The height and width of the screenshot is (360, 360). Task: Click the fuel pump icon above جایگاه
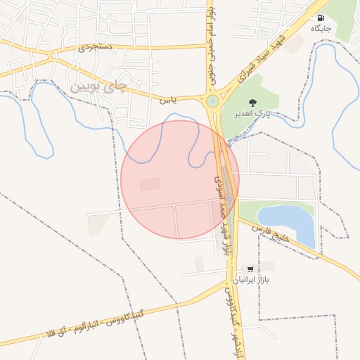(x=321, y=18)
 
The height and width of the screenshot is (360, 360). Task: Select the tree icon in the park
(x=252, y=103)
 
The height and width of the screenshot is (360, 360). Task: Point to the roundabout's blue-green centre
(x=212, y=101)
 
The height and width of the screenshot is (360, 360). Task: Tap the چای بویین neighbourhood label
(x=101, y=86)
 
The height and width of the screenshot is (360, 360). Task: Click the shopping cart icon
(x=250, y=269)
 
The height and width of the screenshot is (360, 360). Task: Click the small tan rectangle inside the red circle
(x=150, y=184)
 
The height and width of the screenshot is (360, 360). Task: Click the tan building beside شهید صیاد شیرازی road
(x=295, y=44)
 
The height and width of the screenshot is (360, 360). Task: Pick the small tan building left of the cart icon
(x=200, y=264)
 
